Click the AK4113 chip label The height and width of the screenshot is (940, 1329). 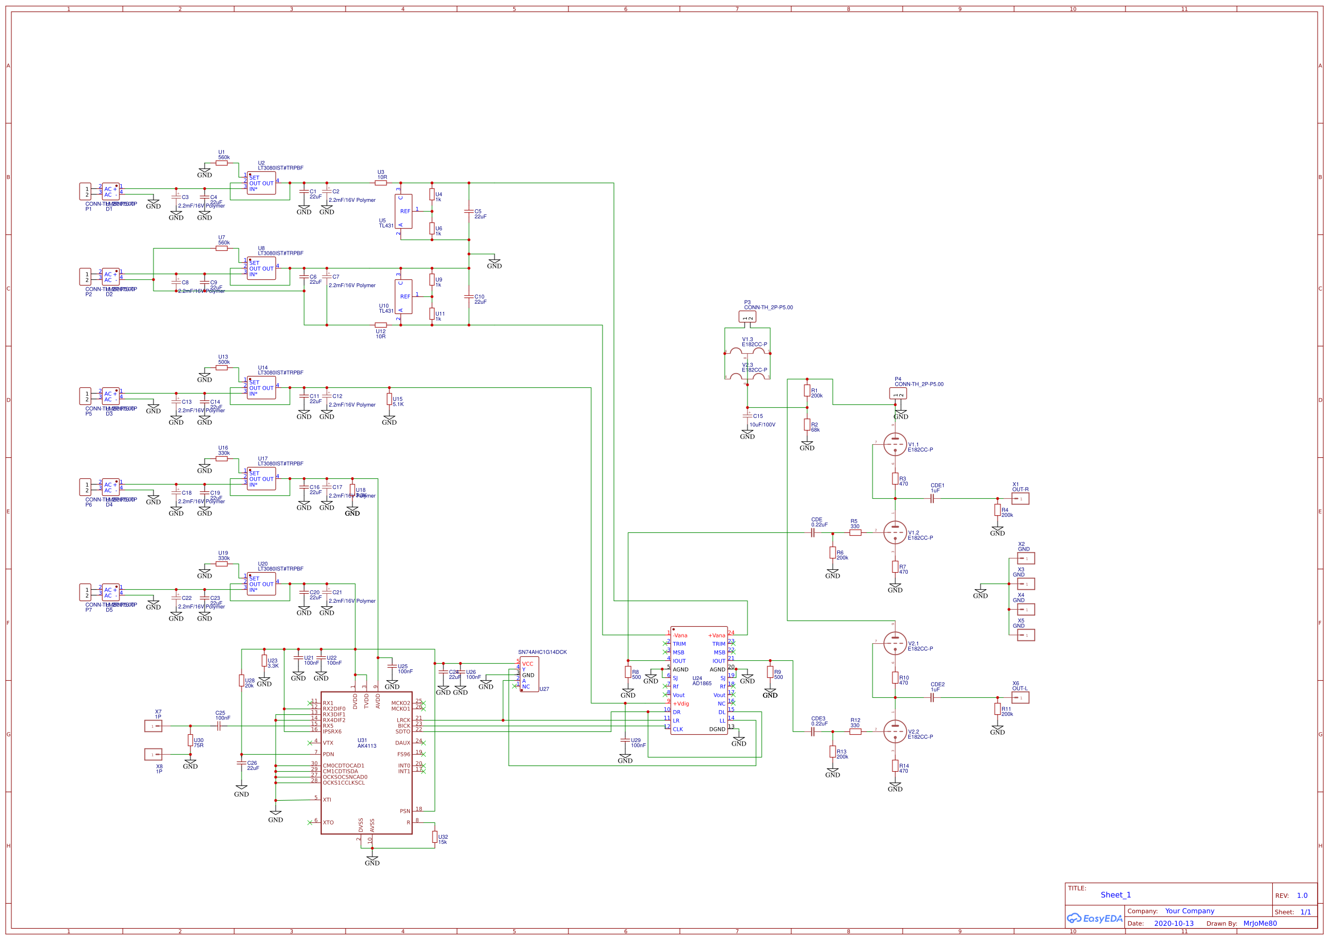click(x=367, y=746)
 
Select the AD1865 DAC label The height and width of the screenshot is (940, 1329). click(x=701, y=684)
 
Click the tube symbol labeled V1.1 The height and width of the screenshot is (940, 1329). click(x=895, y=445)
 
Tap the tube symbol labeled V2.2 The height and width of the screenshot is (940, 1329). click(x=895, y=731)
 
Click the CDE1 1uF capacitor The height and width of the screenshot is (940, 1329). click(x=932, y=499)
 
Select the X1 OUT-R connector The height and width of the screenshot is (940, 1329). click(x=1020, y=499)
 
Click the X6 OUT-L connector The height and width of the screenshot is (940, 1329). click(x=1020, y=698)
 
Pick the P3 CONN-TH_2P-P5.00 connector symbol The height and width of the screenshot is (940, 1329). click(x=747, y=317)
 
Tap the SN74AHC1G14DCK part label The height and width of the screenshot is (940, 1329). click(x=542, y=652)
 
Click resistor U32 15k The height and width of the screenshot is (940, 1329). click(x=435, y=837)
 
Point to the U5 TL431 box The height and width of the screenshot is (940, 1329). click(x=404, y=212)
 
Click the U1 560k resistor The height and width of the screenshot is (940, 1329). click(x=222, y=163)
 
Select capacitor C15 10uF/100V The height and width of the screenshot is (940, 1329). click(x=747, y=416)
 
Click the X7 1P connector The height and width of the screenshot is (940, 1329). click(x=153, y=726)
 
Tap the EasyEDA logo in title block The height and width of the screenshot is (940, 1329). click(x=1095, y=918)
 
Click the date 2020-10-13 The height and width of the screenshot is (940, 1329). click(x=1173, y=924)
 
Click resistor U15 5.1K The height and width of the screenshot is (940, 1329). click(x=389, y=399)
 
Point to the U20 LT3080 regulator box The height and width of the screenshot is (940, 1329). click(x=261, y=585)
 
